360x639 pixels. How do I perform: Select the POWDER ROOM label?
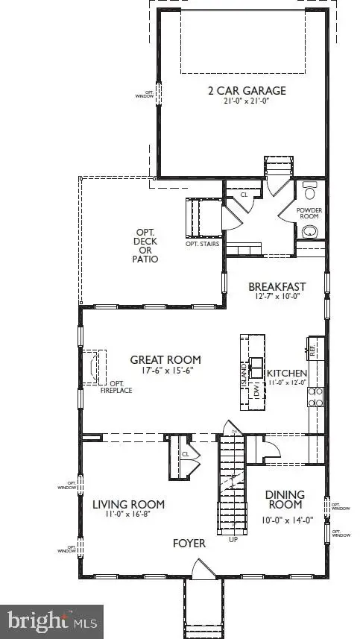(309, 214)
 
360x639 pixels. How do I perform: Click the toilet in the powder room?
(310, 187)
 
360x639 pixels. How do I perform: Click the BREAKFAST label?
(277, 286)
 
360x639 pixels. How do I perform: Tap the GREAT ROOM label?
(165, 359)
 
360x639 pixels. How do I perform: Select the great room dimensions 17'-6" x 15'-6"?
(165, 371)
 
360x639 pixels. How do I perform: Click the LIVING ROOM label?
(128, 504)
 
